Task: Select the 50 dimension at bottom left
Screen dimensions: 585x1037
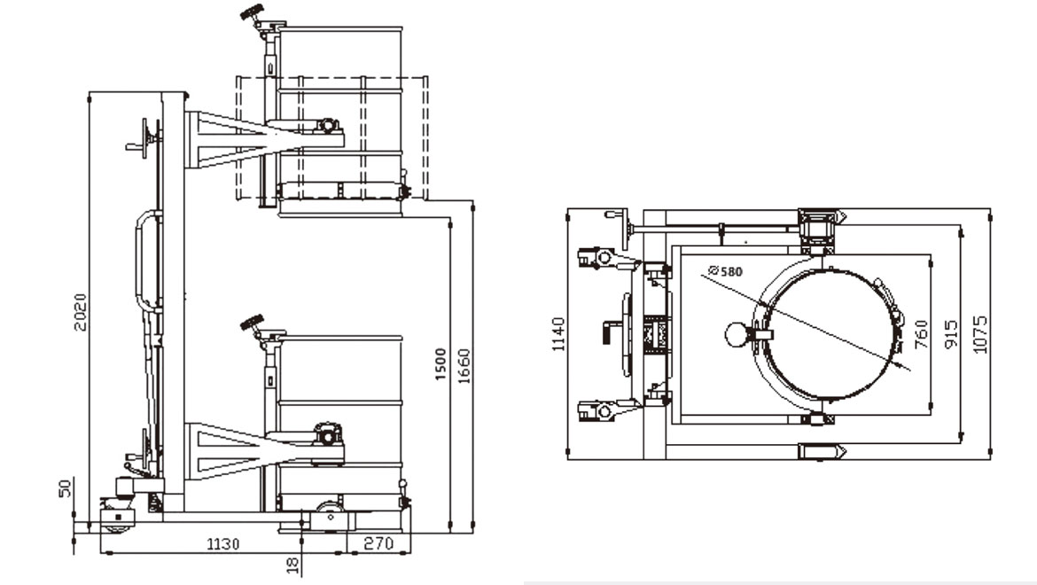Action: (65, 488)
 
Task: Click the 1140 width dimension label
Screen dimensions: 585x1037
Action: (557, 333)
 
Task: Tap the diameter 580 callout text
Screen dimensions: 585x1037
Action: (725, 271)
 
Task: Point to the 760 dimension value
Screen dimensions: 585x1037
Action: (921, 333)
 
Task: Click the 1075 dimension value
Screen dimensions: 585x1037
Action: (979, 333)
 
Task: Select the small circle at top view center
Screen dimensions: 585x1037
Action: (736, 333)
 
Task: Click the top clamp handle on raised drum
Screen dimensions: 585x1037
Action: (254, 17)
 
